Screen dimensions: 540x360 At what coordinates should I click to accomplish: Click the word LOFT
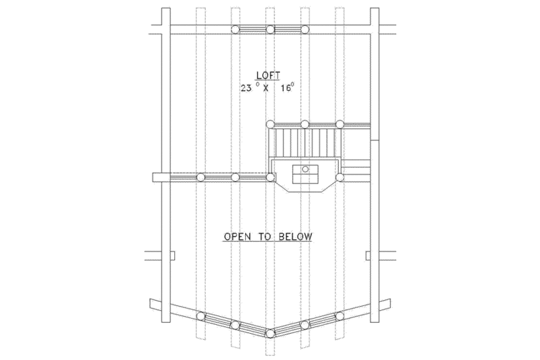[268, 75]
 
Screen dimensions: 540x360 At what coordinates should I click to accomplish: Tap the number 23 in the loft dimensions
[246, 88]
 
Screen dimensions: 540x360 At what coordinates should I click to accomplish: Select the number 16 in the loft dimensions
[286, 88]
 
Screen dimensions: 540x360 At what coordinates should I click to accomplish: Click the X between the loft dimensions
[265, 88]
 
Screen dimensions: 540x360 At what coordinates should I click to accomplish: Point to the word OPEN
[236, 236]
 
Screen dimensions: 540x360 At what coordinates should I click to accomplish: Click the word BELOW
[296, 236]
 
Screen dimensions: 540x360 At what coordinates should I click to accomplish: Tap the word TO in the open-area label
[264, 236]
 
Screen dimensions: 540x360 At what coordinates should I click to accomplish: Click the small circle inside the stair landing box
[306, 169]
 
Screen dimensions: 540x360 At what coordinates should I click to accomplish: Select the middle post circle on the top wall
[271, 30]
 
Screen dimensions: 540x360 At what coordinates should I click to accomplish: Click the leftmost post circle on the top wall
[235, 30]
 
